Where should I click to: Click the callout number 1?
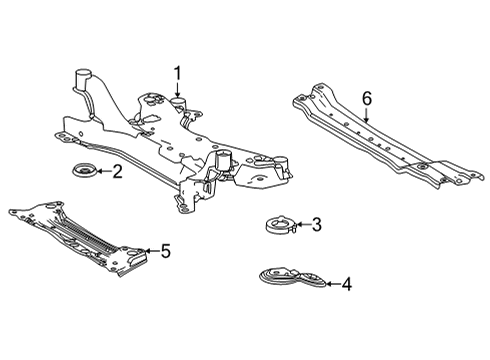pos(177,72)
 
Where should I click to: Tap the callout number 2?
pos(117,172)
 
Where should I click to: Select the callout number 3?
pos(316,225)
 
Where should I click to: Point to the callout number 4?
pos(346,284)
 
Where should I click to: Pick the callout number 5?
pos(165,251)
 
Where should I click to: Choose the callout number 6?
pos(366,98)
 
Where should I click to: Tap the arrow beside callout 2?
pos(102,172)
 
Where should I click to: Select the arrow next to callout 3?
pos(301,225)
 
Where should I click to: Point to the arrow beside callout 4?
pos(330,284)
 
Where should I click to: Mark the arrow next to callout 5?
pos(150,251)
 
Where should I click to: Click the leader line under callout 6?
pos(366,115)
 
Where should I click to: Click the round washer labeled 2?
pos(83,175)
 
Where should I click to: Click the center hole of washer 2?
pos(82,174)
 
